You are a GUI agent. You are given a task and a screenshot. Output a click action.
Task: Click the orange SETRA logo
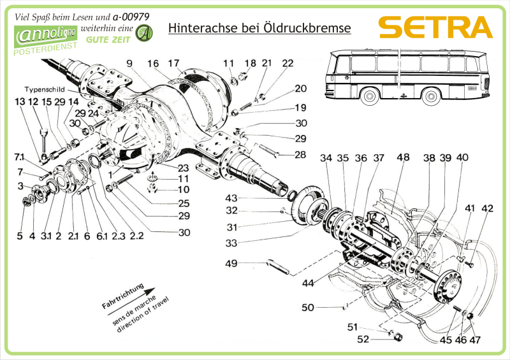pyautogui.click(x=435, y=27)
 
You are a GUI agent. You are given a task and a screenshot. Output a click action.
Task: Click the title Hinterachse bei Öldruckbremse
pyautogui.click(x=259, y=29)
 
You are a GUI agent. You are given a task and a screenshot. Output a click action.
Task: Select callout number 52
pyautogui.click(x=363, y=340)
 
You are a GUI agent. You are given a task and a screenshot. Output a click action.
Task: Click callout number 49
pyautogui.click(x=231, y=263)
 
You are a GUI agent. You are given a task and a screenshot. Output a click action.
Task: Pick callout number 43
pyautogui.click(x=231, y=198)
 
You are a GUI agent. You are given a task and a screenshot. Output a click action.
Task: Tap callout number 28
pyautogui.click(x=300, y=155)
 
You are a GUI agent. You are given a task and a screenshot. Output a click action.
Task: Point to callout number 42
pyautogui.click(x=488, y=208)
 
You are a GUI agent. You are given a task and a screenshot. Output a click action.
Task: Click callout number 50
pyautogui.click(x=308, y=308)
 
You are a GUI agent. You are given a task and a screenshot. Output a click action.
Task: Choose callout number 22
pyautogui.click(x=288, y=63)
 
